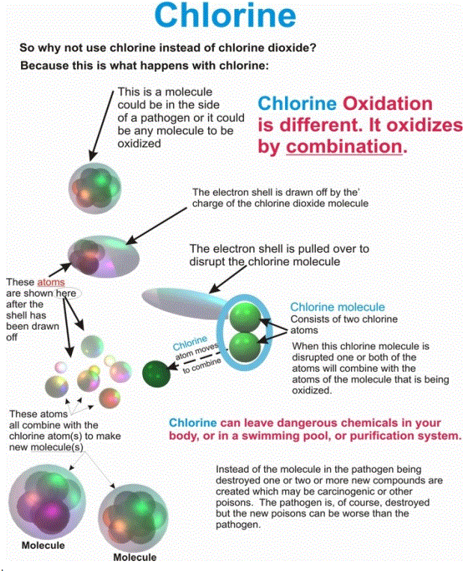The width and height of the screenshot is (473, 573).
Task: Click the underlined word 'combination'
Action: coord(344,146)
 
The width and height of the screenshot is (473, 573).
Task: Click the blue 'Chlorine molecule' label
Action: coord(338,307)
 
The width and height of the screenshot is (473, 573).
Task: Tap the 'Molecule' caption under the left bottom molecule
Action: coord(43,545)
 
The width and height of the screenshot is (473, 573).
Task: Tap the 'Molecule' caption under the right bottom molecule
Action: coord(135,557)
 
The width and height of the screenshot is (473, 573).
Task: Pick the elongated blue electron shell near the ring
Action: coord(187,301)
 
